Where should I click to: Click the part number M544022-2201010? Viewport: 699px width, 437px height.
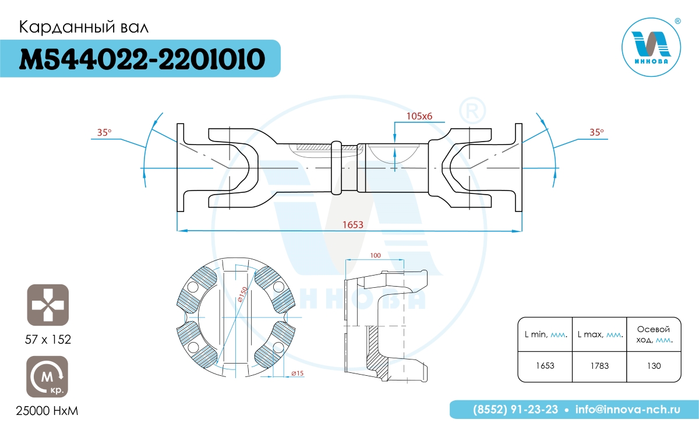pos(142,59)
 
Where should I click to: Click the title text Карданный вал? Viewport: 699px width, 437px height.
pos(84,27)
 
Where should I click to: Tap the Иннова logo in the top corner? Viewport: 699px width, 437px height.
pos(651,47)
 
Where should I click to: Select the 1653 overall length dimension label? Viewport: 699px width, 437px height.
pos(353,225)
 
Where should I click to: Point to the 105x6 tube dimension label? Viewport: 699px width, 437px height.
pos(419,116)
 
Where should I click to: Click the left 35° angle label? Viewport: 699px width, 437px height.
pos(104,132)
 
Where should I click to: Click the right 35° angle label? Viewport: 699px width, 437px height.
pos(596,132)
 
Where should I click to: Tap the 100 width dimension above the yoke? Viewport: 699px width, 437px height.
pos(375,255)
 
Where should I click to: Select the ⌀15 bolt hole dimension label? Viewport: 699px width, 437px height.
pos(298,373)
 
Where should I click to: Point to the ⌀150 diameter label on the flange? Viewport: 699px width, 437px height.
pos(242,294)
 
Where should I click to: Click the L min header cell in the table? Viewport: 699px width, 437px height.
pos(545,334)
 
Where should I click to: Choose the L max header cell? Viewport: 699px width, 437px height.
pos(599,334)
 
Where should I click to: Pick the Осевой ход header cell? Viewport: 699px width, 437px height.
pos(654,334)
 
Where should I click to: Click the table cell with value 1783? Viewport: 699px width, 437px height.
pos(599,366)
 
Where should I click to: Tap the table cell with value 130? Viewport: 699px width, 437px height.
pos(654,366)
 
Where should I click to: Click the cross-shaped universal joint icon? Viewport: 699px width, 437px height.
pos(48,305)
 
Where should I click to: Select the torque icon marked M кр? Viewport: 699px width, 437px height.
pos(47,377)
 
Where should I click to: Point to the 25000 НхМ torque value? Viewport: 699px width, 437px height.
pos(47,411)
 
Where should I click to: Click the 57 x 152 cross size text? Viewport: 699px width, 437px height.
pos(48,340)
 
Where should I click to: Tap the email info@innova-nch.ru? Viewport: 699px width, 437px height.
pos(628,410)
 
